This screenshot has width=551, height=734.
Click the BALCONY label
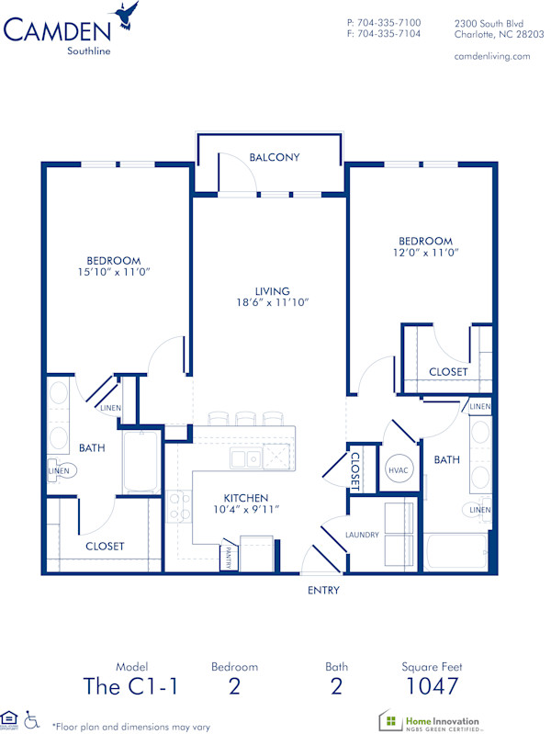[x=275, y=157]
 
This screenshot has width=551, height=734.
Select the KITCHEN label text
[x=246, y=496]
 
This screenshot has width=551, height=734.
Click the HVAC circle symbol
[x=399, y=469]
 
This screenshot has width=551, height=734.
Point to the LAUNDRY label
[x=362, y=534]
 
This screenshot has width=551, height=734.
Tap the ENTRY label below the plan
[x=323, y=590]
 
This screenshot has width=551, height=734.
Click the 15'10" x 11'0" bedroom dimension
[x=114, y=272]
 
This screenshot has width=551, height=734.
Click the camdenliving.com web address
[x=492, y=56]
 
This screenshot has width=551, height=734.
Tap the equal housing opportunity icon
[x=10, y=717]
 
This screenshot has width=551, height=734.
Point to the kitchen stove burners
[x=179, y=506]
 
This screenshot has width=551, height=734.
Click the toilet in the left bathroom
[x=65, y=470]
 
